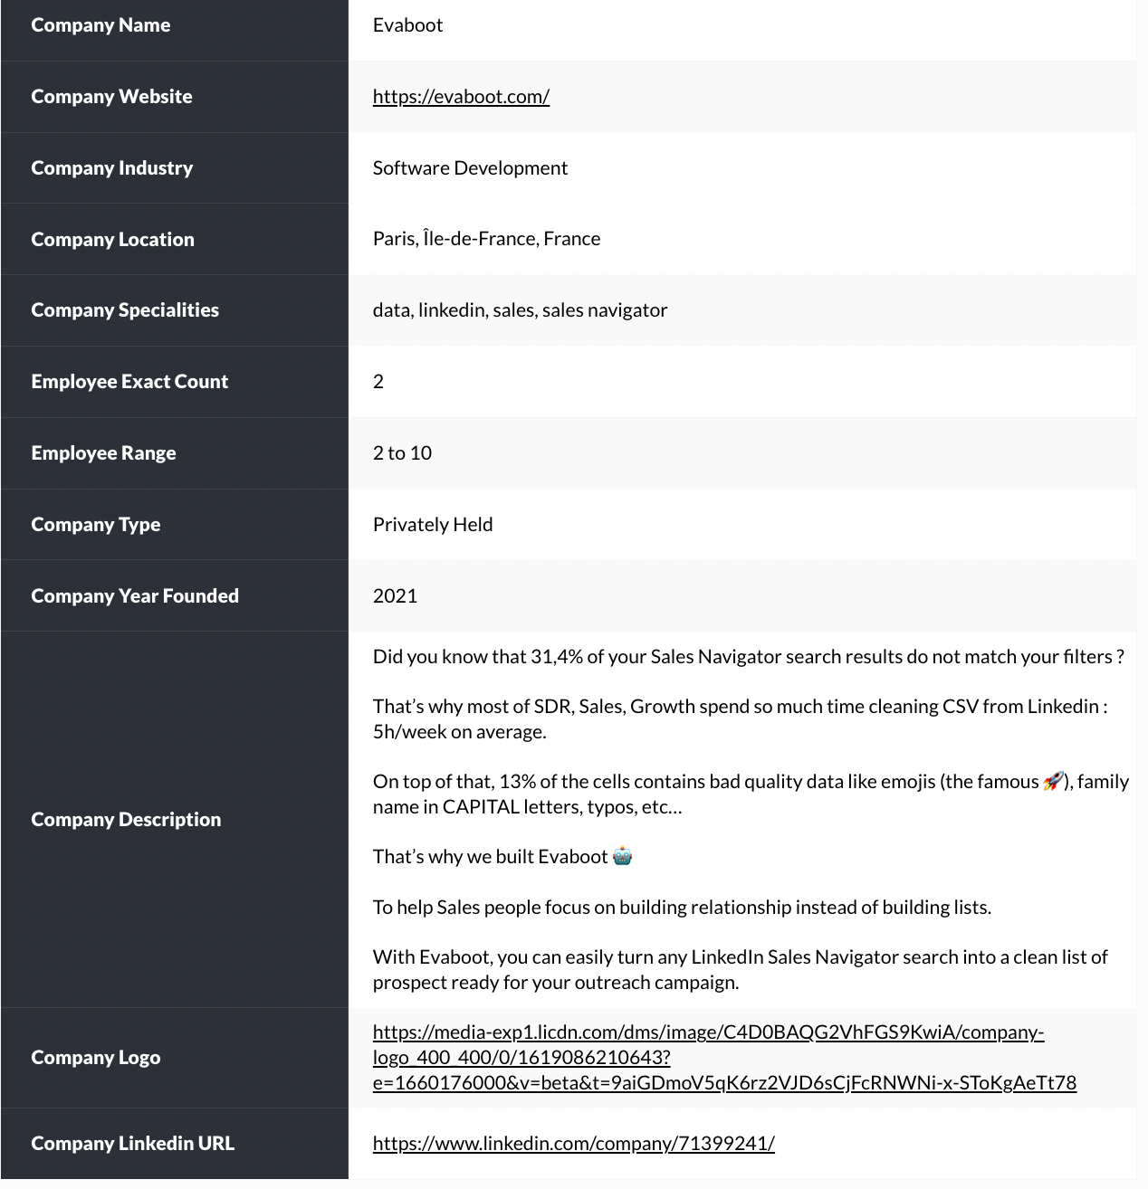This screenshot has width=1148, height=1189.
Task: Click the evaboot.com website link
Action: coord(461,97)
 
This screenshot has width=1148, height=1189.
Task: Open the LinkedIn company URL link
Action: coord(573,1144)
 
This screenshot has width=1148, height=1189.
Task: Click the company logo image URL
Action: coord(708,1058)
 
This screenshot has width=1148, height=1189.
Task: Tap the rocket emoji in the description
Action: coord(1053,781)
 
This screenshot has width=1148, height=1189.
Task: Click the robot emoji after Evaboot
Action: coord(622,856)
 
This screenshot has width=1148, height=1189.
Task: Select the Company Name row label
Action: coord(100,25)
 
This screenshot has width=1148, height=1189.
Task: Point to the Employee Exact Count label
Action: coord(129,382)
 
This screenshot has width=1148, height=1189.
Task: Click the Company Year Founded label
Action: coord(135,596)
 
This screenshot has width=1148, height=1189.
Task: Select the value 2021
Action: coord(395,596)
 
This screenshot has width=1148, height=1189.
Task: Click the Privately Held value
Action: coord(433,525)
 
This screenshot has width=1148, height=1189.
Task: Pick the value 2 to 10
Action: coord(402,453)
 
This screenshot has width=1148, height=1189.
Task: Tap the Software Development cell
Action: coord(470,168)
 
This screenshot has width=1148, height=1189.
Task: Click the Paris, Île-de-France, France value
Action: coord(486,239)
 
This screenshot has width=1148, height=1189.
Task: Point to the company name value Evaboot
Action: coord(407,25)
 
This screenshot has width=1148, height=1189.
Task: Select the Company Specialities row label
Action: coord(125,310)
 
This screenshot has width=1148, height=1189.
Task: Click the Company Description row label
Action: coord(126,820)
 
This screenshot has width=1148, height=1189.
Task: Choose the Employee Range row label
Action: coord(103,453)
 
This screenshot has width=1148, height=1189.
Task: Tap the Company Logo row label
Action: coord(95,1058)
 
